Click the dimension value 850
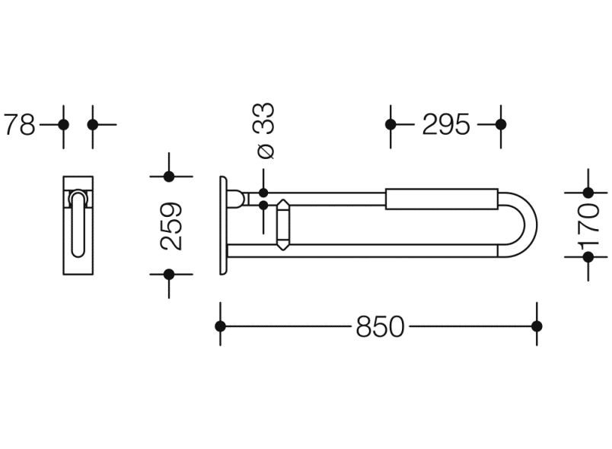coord(380,326)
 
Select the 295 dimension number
coord(446,125)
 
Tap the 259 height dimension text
coord(171,226)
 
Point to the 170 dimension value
coord(590,225)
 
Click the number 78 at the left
coord(20,125)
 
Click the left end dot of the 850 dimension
coord(220,326)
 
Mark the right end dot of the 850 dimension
coord(537,326)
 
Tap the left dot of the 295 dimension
coord(390,125)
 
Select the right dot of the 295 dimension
coord(501,125)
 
